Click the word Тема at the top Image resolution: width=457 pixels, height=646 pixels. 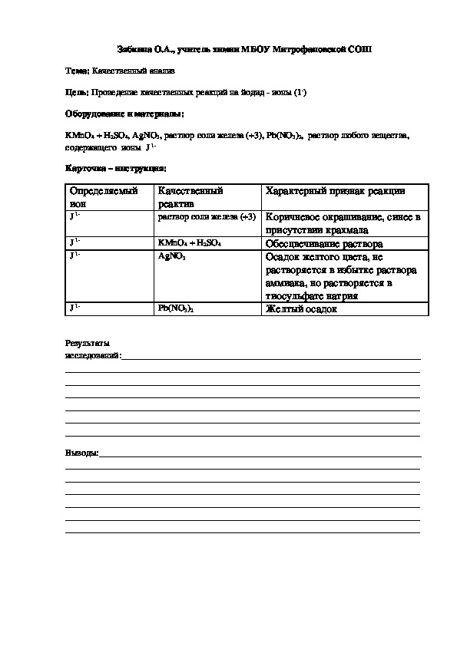coord(77,71)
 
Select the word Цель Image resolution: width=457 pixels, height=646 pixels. coord(77,93)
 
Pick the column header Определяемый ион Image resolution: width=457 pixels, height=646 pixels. coord(103,197)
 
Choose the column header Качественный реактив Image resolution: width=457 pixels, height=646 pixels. coord(190,197)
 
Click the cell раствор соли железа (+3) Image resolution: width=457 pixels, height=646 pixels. coord(206,217)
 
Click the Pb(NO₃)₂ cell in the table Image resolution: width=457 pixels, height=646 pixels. coord(176,308)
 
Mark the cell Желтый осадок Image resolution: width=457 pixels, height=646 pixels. coord(300,309)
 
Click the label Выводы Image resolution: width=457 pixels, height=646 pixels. coord(81,454)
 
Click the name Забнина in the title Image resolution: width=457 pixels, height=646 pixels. coord(134,48)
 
